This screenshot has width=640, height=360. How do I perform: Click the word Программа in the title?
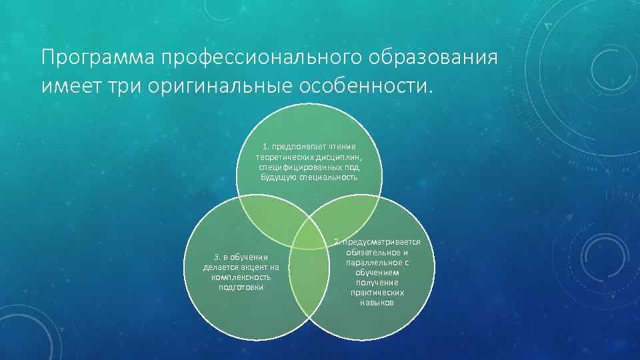[x=98, y=58]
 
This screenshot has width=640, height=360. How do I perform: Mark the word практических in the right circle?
[x=377, y=293]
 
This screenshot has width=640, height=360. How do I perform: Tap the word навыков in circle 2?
[x=377, y=303]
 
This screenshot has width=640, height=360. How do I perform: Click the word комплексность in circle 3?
[x=241, y=277]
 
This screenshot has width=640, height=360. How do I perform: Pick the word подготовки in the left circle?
[x=241, y=287]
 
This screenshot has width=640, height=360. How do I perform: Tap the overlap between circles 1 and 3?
[x=267, y=216]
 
